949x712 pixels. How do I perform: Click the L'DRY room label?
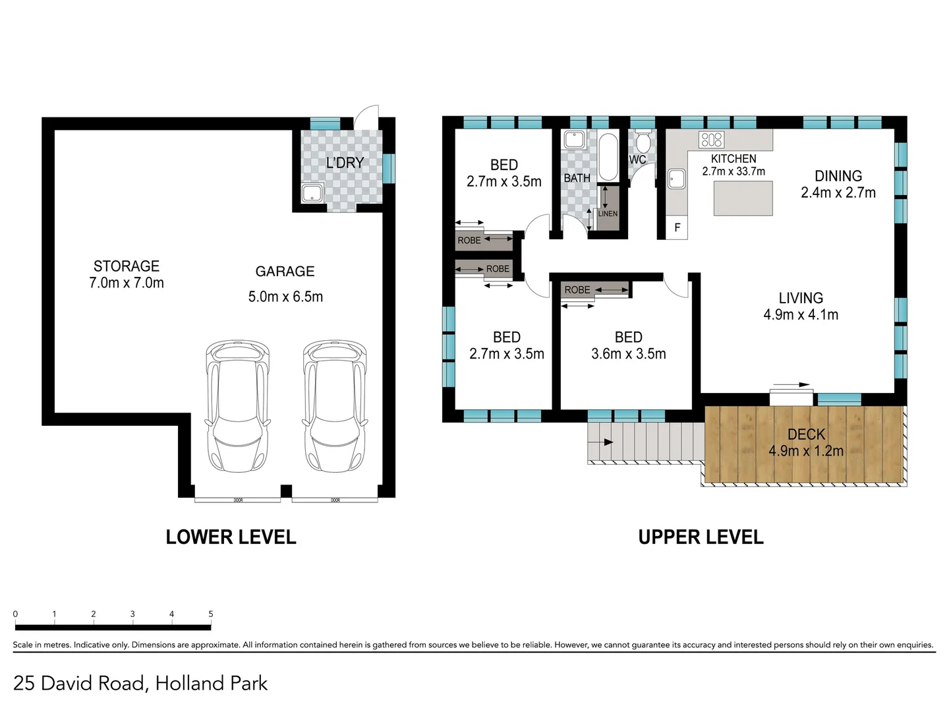(345, 163)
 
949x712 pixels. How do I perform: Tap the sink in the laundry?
(312, 193)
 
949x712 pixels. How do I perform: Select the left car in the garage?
(237, 405)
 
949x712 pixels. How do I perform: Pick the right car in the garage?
(335, 405)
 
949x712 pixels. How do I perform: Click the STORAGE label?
(127, 266)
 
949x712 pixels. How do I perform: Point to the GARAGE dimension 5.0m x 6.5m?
(285, 297)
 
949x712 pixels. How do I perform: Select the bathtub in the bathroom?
(608, 156)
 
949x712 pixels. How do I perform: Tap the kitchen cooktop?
(711, 140)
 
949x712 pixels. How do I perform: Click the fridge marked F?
(677, 227)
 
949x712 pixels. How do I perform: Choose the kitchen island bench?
(743, 198)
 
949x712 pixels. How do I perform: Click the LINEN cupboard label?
(608, 214)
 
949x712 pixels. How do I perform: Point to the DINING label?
(838, 176)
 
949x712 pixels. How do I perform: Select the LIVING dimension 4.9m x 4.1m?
(801, 314)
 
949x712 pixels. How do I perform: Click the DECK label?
(807, 434)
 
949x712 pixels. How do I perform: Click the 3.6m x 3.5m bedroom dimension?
(628, 353)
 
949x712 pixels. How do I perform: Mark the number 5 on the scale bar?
(210, 614)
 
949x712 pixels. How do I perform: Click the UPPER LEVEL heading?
(701, 537)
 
